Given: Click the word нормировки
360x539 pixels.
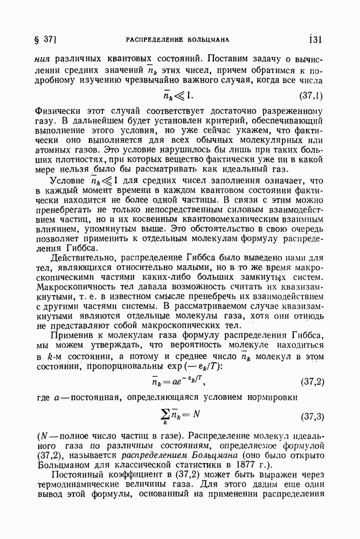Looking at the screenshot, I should coord(294,397).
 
